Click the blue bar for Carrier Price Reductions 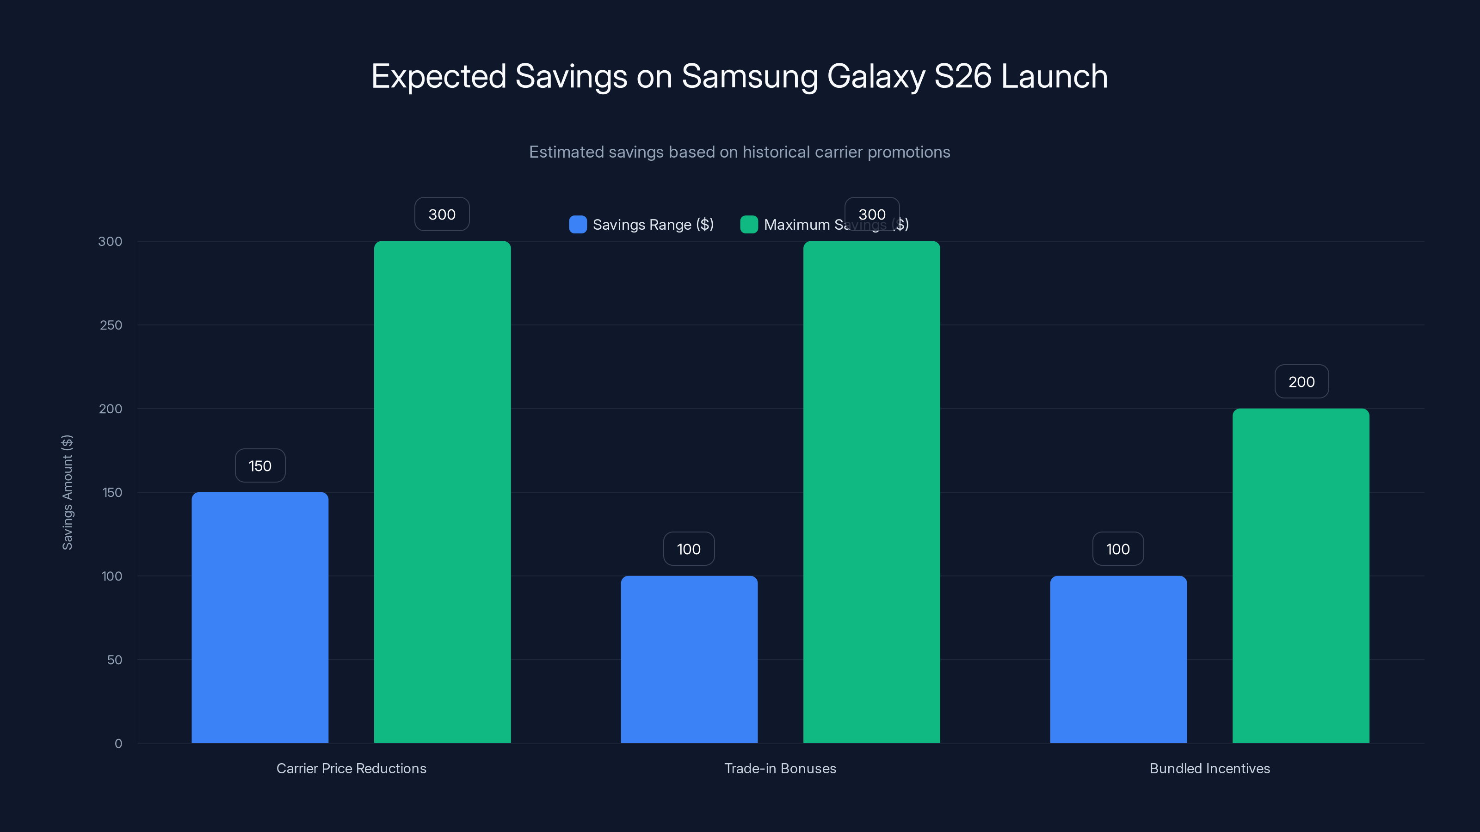[x=259, y=617]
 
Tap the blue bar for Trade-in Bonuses [x=689, y=659]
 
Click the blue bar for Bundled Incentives [x=1118, y=659]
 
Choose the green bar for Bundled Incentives [x=1301, y=575]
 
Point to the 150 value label [x=259, y=465]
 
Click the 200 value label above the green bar [x=1301, y=382]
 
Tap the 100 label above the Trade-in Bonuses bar [x=688, y=549]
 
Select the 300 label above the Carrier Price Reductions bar [x=442, y=214]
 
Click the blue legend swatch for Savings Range [x=577, y=225]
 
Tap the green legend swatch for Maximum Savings [x=749, y=225]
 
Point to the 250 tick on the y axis [x=111, y=325]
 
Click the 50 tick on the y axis [x=114, y=660]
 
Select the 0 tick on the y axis [x=118, y=744]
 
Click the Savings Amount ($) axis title [x=67, y=492]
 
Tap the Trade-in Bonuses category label [x=780, y=768]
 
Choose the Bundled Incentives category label [x=1209, y=768]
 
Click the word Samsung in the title [x=749, y=76]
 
